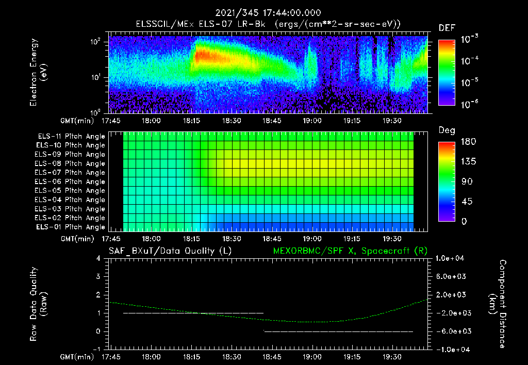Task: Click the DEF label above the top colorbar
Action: [447, 28]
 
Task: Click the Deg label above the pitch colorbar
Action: [447, 130]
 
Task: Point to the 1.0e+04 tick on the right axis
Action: [452, 258]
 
